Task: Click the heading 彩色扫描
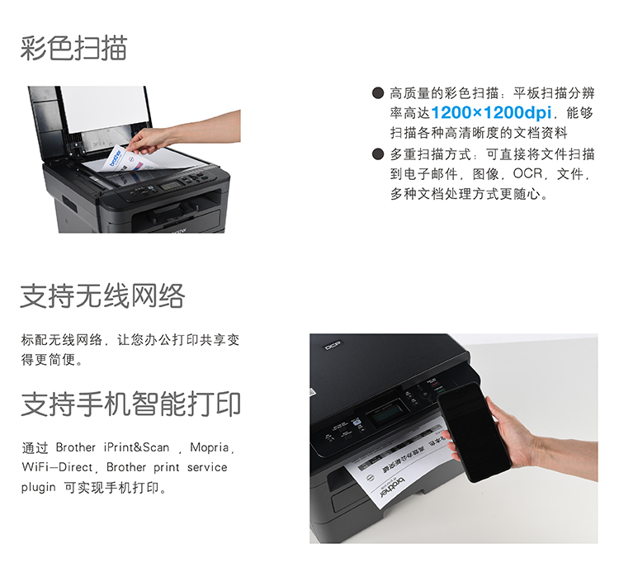73,48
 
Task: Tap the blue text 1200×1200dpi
491,113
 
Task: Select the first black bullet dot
378,92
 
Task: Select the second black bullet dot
378,154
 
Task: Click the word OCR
527,173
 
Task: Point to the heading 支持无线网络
102,295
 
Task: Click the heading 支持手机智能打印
130,404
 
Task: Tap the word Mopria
210,447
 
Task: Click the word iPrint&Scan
136,447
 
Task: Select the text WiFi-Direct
57,467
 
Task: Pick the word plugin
38,488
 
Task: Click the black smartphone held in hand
474,431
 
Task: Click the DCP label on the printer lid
333,345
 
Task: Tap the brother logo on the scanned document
115,158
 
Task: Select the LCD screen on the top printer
171,186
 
